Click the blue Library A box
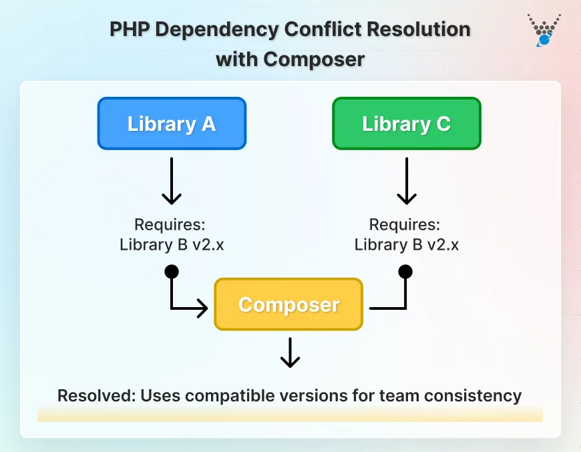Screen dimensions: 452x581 [172, 124]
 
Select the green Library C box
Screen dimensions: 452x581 [406, 124]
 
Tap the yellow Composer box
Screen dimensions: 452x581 [288, 304]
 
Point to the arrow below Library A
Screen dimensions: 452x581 [172, 182]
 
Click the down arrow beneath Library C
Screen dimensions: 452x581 [406, 182]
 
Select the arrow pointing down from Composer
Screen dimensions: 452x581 [289, 352]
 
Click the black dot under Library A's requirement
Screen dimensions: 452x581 [172, 271]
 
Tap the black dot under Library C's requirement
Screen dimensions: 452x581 [405, 271]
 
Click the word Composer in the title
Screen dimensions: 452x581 [314, 59]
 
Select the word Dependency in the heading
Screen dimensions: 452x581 [217, 30]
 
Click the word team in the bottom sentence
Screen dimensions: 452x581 [401, 395]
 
